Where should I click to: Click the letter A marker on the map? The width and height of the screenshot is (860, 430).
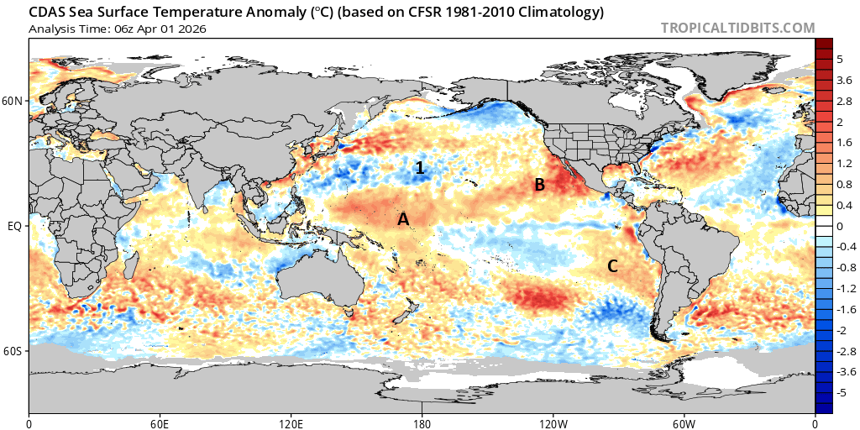[x=403, y=219]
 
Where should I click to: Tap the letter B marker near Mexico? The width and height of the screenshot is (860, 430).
[x=541, y=185]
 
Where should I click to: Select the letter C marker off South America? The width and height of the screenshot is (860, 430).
[x=613, y=266]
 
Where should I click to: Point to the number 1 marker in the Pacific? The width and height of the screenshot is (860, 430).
[x=420, y=168]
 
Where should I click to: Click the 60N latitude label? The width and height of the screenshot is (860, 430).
[x=13, y=102]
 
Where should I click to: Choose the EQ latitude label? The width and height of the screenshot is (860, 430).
[x=15, y=226]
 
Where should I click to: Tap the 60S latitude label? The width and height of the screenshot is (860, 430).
[x=13, y=350]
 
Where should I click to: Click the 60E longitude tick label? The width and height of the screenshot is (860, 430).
[x=160, y=423]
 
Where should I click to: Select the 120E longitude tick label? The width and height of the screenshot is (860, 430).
[x=291, y=423]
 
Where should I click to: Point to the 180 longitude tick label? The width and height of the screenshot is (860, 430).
[x=422, y=423]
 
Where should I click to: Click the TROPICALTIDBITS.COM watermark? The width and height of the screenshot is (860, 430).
[x=737, y=28]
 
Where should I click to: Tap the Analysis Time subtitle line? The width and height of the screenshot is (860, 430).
[x=117, y=29]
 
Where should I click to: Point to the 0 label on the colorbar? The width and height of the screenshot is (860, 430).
[x=840, y=226]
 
